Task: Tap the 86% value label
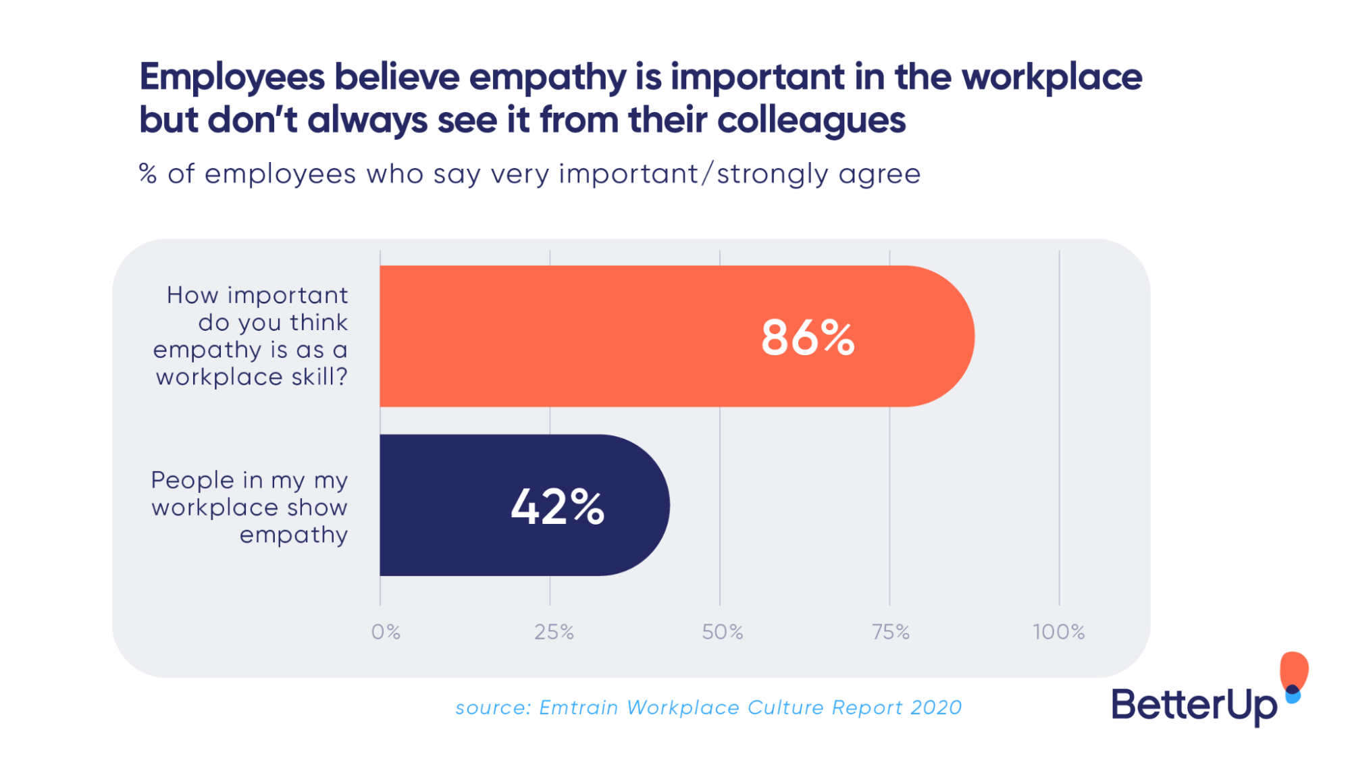tap(808, 338)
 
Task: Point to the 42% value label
tap(557, 506)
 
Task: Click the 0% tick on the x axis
tap(386, 632)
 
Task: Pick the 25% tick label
tap(554, 632)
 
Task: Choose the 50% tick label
tap(722, 632)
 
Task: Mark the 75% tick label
tap(890, 632)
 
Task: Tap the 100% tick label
tap(1058, 632)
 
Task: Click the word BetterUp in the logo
tap(1193, 705)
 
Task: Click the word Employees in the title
tap(232, 77)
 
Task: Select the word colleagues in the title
tap(810, 120)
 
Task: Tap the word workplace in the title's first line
tap(1052, 77)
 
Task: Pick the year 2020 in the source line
tap(935, 708)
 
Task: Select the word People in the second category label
tap(192, 480)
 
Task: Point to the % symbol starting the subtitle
tap(148, 174)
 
